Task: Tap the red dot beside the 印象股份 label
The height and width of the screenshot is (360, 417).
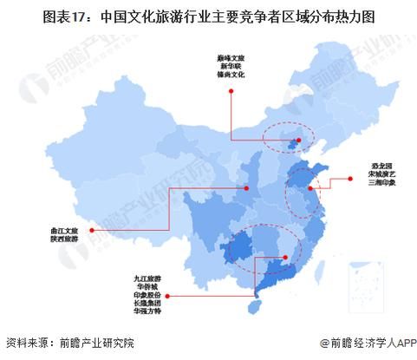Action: tap(171, 296)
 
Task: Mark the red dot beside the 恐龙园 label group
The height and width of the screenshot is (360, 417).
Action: tap(350, 180)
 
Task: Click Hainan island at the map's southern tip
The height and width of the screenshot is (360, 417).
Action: tap(254, 305)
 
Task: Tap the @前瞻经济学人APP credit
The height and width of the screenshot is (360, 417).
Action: tap(364, 344)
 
